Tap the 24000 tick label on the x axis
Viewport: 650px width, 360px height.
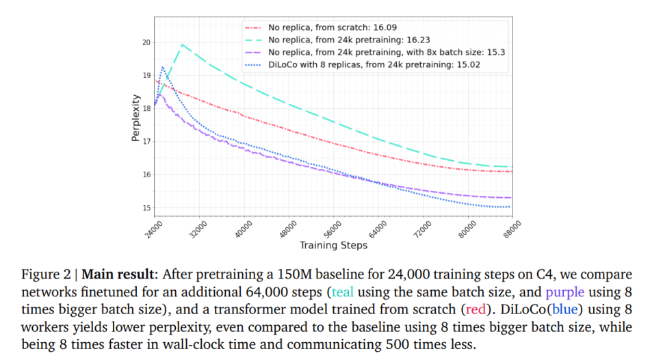pyautogui.click(x=155, y=228)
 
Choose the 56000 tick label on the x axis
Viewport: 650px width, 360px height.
pyautogui.click(x=333, y=228)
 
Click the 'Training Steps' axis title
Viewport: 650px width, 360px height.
pyautogui.click(x=333, y=245)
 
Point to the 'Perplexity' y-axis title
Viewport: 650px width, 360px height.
pyautogui.click(x=135, y=123)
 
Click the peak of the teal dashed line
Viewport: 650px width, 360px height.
pyautogui.click(x=182, y=45)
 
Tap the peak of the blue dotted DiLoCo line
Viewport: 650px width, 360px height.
pyautogui.click(x=162, y=67)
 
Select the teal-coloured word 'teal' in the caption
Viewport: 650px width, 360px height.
pyautogui.click(x=343, y=292)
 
